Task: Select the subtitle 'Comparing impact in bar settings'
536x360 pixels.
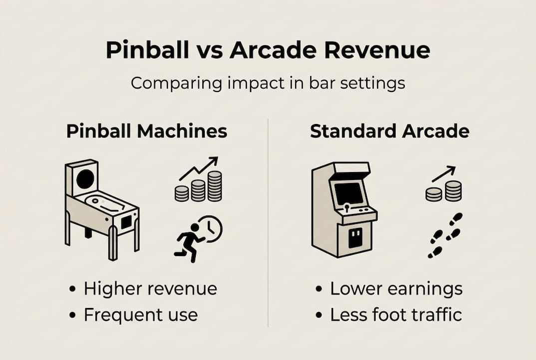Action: (268, 82)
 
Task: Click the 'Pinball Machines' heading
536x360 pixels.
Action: (146, 131)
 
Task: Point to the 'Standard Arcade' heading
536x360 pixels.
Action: (389, 131)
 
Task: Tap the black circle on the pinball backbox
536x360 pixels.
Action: (84, 178)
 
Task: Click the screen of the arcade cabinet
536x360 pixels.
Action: (348, 193)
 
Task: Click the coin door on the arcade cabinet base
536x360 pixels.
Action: (355, 238)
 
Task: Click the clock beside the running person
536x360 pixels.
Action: (210, 228)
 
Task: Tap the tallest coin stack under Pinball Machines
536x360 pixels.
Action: (215, 186)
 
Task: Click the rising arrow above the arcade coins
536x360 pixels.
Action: (444, 173)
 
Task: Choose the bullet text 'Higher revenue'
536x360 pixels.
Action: (150, 288)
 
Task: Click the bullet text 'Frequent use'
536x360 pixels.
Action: (140, 315)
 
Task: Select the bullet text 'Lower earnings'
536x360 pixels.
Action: (396, 288)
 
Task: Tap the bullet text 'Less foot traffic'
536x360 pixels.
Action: (396, 315)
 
